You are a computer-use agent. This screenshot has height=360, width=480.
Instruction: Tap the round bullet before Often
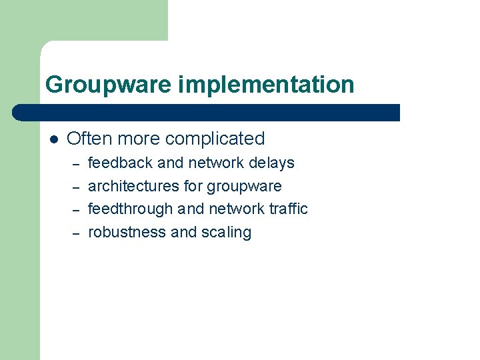53,139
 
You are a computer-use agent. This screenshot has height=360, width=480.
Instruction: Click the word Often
87,139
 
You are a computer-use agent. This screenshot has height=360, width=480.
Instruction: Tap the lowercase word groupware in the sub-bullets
244,187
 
